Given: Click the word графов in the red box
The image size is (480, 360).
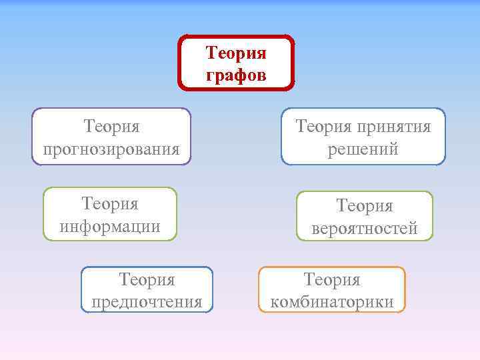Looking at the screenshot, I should (x=236, y=74).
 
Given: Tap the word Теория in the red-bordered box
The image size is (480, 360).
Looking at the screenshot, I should (x=236, y=52).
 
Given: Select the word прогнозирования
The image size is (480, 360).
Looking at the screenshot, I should (x=111, y=148).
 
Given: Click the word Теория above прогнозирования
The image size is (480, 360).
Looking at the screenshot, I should (x=111, y=126).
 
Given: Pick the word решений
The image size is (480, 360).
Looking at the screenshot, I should (x=363, y=149).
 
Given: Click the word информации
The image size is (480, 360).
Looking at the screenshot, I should (x=110, y=226).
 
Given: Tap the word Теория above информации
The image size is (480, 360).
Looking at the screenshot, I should (x=110, y=203).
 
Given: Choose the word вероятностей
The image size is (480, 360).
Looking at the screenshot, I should (x=365, y=228).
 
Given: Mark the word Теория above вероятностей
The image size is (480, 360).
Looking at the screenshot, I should (x=365, y=206).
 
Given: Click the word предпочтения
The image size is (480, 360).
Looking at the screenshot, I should (x=147, y=301).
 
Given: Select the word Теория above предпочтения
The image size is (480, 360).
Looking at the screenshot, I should (x=147, y=279).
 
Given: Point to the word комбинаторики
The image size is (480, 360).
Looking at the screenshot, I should (x=332, y=301).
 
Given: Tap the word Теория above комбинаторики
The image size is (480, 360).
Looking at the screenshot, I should (x=332, y=279).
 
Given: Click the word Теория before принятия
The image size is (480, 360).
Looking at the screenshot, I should (x=323, y=127).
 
